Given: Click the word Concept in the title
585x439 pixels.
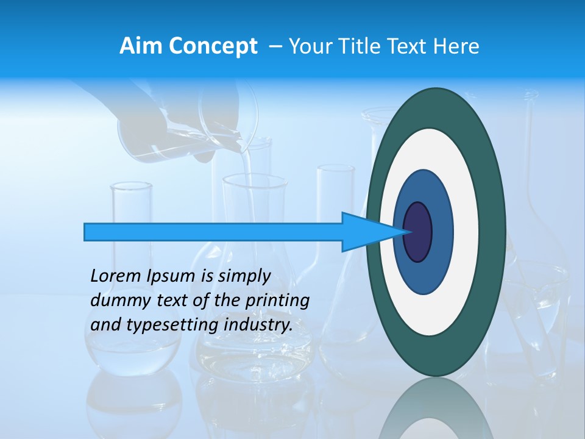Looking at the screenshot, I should (x=213, y=46).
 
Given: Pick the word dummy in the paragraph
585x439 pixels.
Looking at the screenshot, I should (x=113, y=301).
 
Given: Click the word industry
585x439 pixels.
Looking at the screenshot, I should (x=258, y=325).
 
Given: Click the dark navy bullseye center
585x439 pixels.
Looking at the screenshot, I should (x=417, y=232).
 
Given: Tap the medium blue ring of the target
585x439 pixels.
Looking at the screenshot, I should (x=442, y=232).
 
